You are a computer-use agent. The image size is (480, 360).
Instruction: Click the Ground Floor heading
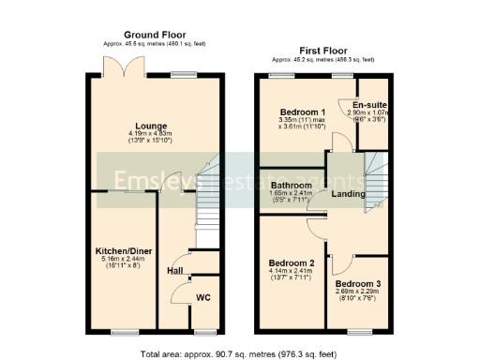[x=156, y=43]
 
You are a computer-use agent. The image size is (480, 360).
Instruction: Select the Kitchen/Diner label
[x=124, y=250]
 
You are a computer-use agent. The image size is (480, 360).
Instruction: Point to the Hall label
[x=174, y=271]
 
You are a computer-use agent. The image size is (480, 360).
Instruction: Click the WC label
[x=202, y=299]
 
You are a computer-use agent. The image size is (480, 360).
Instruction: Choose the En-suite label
[x=370, y=104]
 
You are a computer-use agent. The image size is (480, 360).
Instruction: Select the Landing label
[x=348, y=193]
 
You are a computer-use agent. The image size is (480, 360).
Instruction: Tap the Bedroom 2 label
[x=291, y=262]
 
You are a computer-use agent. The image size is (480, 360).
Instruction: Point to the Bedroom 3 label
[x=358, y=283]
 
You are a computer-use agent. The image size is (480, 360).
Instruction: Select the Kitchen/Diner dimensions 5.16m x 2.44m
[x=124, y=262]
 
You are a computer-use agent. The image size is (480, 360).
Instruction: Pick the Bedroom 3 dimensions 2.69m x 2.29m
[x=358, y=294]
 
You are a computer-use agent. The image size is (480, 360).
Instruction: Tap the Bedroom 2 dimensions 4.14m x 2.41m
[x=291, y=274]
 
